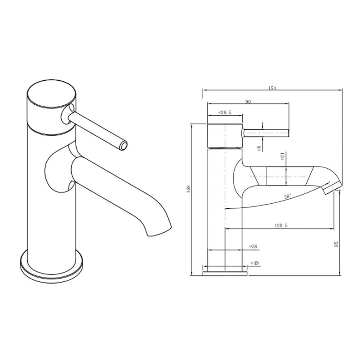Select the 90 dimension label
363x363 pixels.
point(248,102)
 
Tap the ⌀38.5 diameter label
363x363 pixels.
point(225,112)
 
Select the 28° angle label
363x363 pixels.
point(287,196)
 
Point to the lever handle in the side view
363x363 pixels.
point(266,132)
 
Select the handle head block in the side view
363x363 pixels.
point(225,135)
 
